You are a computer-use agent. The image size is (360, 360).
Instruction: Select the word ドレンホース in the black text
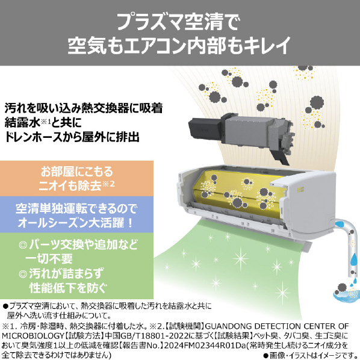point(34,137)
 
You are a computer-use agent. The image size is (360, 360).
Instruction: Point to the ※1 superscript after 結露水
point(46,122)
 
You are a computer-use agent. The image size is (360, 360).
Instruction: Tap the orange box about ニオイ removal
point(76,178)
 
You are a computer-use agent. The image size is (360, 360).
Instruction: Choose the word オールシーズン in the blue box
point(53,223)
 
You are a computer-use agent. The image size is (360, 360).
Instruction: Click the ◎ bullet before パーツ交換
point(23,245)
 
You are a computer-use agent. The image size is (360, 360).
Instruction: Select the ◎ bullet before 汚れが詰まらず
point(23,274)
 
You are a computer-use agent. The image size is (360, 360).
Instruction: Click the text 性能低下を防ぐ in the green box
point(68,287)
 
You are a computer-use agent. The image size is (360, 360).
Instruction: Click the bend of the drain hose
point(347,228)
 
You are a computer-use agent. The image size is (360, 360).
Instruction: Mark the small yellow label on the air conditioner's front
point(294,190)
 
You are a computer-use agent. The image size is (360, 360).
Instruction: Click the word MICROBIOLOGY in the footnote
point(32,336)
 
